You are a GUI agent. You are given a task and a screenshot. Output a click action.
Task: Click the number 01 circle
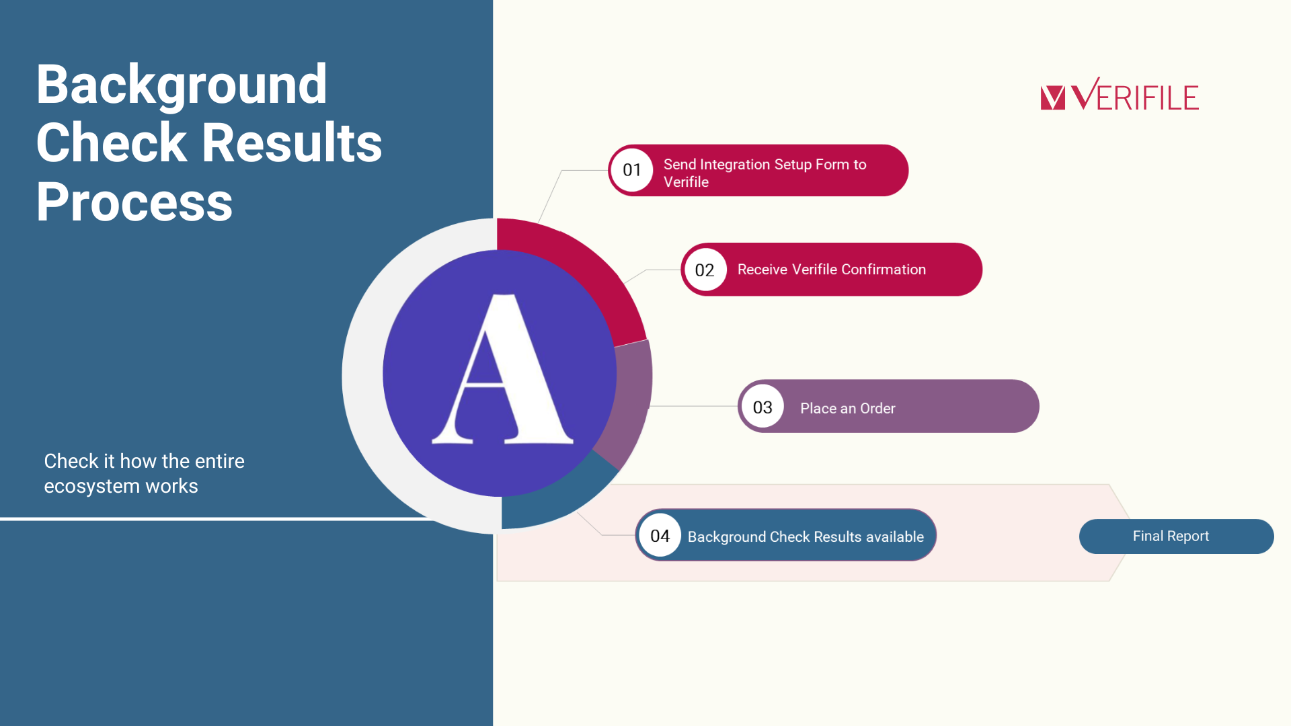[x=632, y=170]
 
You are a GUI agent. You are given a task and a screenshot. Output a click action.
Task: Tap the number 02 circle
[x=705, y=270]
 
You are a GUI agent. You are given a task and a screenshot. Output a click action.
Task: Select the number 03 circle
[x=762, y=407]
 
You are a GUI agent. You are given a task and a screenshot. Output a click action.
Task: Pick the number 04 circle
[x=660, y=536]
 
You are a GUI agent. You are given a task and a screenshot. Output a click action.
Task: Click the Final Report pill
[x=1176, y=536]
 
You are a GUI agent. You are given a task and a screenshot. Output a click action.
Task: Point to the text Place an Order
[x=847, y=408]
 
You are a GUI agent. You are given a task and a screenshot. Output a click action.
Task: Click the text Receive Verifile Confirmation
[x=832, y=270]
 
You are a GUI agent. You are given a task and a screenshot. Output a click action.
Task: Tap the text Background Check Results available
[x=806, y=536]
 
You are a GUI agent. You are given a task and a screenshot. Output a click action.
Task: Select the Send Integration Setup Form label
[x=765, y=173]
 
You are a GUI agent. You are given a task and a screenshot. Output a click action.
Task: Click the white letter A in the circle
[x=502, y=369]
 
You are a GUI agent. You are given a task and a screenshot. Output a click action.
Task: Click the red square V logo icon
[x=1053, y=97]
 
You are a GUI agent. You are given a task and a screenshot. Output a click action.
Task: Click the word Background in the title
[x=182, y=85]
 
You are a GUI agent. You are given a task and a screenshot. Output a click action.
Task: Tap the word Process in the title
[x=134, y=202]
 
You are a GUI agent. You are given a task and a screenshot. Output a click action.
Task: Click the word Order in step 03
[x=877, y=408]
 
